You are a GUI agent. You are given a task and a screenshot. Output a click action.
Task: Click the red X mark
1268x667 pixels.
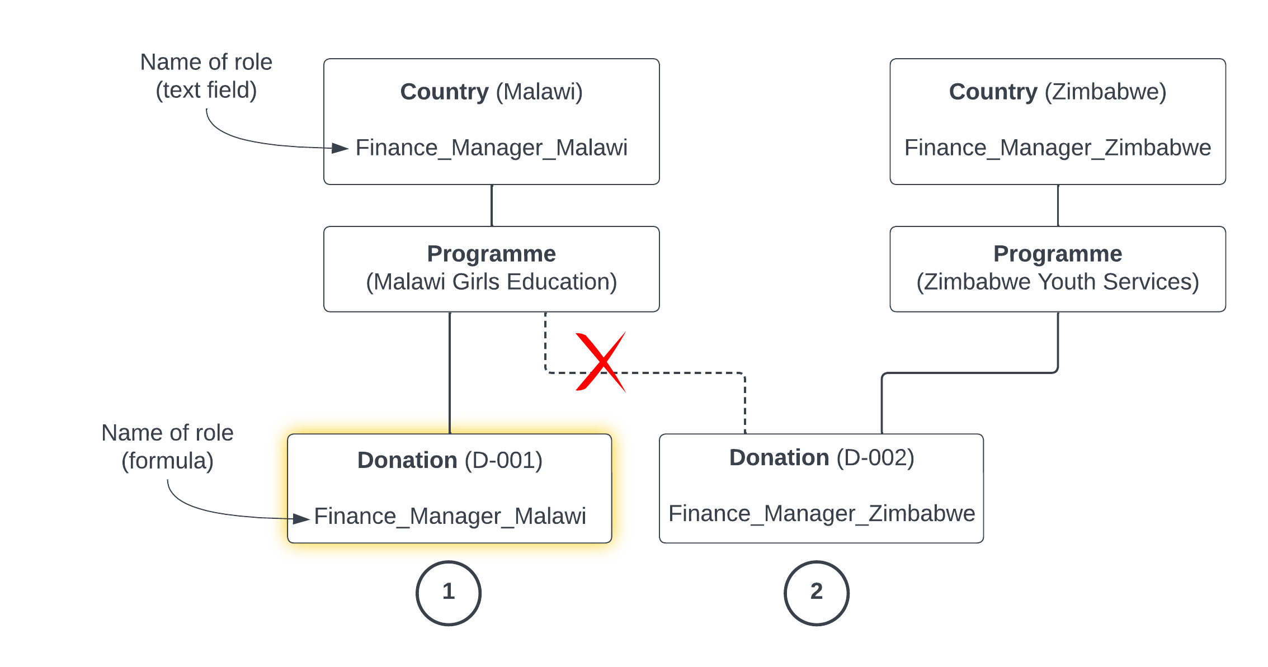pos(601,362)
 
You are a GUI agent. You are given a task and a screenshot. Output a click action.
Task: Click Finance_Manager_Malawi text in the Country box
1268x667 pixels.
pos(491,148)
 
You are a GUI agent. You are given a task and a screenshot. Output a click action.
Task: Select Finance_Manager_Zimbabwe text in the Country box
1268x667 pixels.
pos(1057,148)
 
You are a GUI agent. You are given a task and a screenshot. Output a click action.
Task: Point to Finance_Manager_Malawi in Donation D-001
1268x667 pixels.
pos(450,516)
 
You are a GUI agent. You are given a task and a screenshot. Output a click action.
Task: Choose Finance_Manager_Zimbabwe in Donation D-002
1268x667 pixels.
pos(821,513)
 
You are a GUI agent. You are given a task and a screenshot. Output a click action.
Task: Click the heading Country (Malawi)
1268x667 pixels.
pos(491,92)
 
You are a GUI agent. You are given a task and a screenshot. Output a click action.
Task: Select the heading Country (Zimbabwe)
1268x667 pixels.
pos(1057,92)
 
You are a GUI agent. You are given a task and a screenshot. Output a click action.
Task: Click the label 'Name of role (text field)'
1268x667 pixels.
pos(206,76)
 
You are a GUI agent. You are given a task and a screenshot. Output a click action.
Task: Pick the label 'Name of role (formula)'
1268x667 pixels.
pos(167,447)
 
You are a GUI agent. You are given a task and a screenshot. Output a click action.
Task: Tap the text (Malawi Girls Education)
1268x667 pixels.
pos(491,282)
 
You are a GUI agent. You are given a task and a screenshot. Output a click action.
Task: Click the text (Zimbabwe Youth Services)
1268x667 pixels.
pos(1057,282)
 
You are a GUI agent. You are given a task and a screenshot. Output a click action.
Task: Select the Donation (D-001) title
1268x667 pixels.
pos(450,460)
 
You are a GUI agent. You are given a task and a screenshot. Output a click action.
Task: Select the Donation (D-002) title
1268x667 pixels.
pos(821,458)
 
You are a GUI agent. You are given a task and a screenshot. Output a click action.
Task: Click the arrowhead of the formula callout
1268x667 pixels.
pos(301,519)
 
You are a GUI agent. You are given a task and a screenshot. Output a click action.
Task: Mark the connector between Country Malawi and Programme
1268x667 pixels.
pos(492,205)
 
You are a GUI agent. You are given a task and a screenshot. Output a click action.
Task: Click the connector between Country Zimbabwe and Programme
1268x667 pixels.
pos(1058,205)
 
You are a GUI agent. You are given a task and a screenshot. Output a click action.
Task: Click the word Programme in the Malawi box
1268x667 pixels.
pos(491,254)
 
